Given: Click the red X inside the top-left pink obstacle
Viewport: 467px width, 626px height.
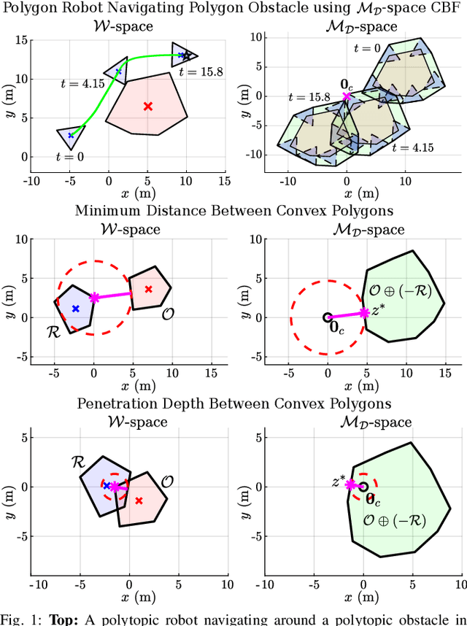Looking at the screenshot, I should coord(148,107).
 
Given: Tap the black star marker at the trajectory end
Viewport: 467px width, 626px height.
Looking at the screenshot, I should coord(187,55).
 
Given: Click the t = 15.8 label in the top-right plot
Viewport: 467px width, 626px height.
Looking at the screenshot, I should coord(309,96).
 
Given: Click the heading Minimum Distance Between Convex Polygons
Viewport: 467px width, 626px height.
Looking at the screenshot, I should coord(233,211).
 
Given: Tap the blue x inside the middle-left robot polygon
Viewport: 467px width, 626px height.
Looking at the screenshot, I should coord(75,309).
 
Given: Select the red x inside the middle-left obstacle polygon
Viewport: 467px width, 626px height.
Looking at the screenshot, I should coord(149,289).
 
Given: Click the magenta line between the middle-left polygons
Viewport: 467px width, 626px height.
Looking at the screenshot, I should coord(113,295).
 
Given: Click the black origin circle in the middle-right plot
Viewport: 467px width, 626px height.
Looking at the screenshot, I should coord(328,317).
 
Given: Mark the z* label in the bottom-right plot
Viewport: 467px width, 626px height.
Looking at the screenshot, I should coord(337,482).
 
